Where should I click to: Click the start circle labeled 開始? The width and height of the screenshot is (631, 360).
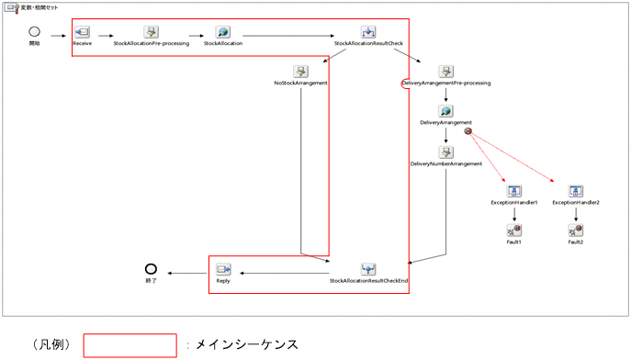coord(35,31)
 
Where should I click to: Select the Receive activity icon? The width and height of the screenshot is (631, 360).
coord(82,32)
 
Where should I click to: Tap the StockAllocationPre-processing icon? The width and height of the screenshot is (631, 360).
coord(151,32)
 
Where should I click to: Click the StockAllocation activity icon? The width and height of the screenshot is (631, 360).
coord(223,32)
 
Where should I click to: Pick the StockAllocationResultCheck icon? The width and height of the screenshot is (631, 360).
coord(367,32)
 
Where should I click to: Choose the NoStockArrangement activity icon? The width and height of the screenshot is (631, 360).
coord(300,72)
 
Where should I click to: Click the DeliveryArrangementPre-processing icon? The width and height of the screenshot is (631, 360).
coord(445,72)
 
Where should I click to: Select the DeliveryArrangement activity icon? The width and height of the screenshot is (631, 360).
coord(445,111)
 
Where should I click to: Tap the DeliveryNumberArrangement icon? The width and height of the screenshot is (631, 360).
coord(445,152)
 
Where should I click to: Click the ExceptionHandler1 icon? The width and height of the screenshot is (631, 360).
coord(514,191)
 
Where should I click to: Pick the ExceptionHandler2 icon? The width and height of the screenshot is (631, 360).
coord(576,191)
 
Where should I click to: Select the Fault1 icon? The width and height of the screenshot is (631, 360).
coord(514,231)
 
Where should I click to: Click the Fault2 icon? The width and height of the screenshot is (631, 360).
coord(576,231)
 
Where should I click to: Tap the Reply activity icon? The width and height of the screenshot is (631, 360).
coord(223,270)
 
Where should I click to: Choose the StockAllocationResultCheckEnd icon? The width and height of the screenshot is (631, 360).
coord(368,270)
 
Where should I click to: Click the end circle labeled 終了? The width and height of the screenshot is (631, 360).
coord(151,268)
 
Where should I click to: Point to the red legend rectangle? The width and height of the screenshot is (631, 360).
coord(130,345)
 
